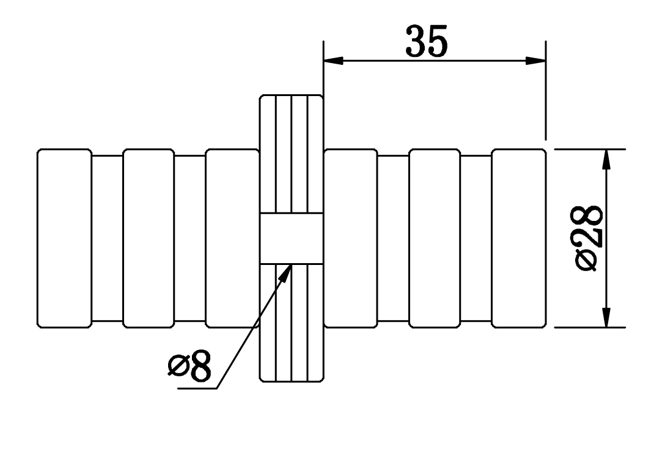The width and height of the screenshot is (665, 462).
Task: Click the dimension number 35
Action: point(426,41)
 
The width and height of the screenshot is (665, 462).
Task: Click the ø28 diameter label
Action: point(589,238)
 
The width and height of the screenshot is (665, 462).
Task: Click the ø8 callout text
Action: point(189,365)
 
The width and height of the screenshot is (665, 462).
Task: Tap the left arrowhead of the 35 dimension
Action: point(333,61)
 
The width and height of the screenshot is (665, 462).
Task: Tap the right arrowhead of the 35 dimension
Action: point(535,61)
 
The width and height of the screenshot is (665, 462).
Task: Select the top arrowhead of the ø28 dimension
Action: point(607,159)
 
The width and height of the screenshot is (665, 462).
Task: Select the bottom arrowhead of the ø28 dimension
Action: point(607,318)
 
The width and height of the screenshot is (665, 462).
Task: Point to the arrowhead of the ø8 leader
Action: point(286,273)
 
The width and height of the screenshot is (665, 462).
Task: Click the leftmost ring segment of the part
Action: point(64,238)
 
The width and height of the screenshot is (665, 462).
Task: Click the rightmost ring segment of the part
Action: point(519,238)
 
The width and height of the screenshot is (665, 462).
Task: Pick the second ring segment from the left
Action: point(149,238)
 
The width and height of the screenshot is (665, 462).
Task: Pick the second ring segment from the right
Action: point(435,238)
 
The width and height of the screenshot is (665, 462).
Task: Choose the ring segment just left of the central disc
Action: point(232,238)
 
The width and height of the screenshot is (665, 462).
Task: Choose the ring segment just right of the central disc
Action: point(351,238)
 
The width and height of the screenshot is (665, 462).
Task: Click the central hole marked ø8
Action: point(292,239)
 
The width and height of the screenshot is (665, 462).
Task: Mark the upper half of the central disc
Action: point(292,154)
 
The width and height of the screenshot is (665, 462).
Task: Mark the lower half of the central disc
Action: point(292,322)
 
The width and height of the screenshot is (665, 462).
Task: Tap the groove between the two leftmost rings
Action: point(108,238)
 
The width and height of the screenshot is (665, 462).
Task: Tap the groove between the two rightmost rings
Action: point(476,238)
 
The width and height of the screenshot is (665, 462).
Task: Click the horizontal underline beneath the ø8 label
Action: point(197,388)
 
